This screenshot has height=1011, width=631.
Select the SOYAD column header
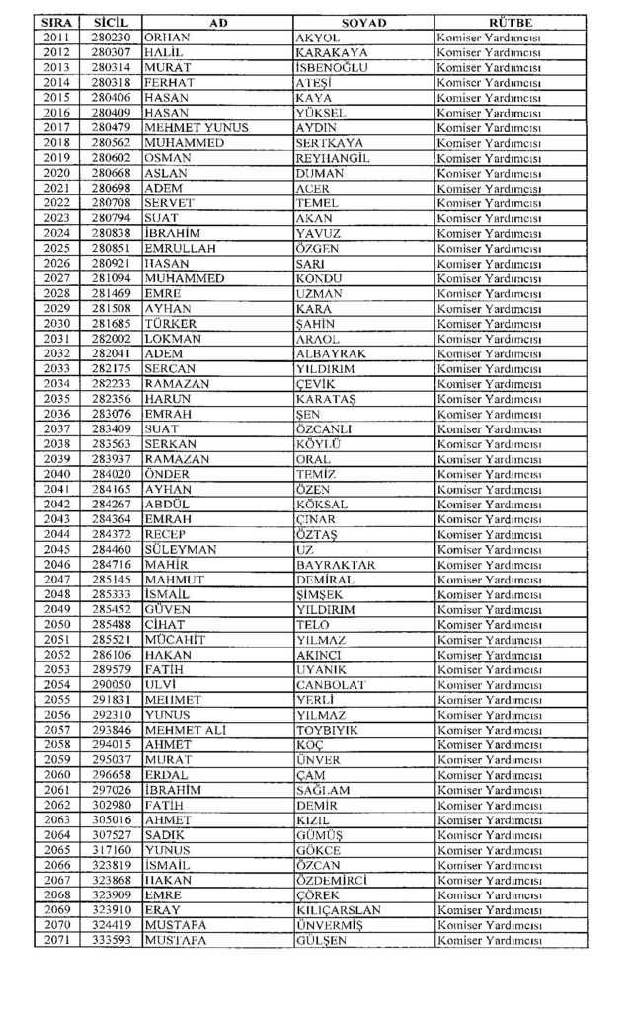(363, 22)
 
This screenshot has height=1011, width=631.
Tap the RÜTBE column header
(511, 22)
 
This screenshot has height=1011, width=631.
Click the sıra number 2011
(57, 37)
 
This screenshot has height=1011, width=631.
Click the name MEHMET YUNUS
(197, 127)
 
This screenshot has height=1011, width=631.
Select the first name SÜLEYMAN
(185, 549)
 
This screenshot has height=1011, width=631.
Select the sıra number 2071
(57, 940)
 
